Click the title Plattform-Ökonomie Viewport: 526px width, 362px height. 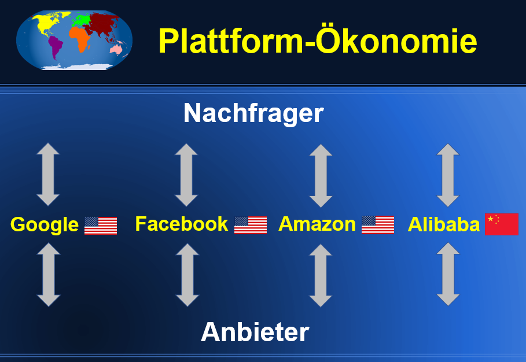[317, 40]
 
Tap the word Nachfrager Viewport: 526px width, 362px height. [253, 113]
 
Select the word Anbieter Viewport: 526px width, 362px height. [255, 332]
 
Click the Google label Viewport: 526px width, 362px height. [45, 224]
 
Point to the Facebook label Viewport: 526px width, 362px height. [182, 224]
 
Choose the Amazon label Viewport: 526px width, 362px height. [317, 224]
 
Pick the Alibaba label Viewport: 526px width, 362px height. [443, 224]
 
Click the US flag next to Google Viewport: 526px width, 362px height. [101, 226]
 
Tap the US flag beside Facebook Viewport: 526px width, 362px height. [251, 225]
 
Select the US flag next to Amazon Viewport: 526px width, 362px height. [378, 224]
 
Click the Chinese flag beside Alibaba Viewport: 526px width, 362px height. [502, 224]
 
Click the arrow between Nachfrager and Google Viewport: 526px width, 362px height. [48, 174]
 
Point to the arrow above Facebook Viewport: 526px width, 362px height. [186, 175]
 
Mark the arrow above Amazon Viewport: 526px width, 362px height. [321, 176]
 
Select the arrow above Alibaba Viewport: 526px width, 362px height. [448, 175]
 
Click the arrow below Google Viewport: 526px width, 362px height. [49, 275]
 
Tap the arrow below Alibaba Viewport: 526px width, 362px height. [448, 274]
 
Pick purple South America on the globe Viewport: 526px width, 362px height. [56, 47]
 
